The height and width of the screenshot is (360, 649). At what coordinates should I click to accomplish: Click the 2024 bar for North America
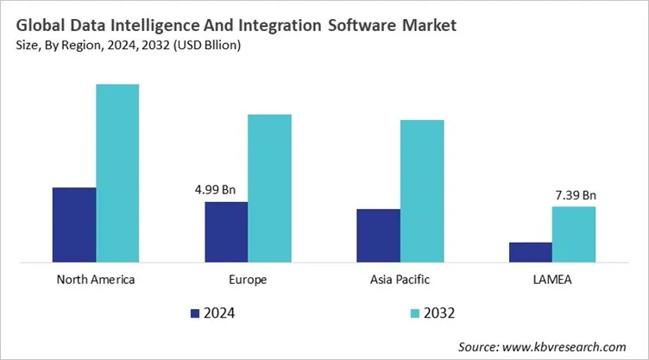74,224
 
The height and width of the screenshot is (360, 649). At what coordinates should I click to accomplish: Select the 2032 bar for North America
117,173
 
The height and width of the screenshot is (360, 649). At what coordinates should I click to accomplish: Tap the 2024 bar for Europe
226,231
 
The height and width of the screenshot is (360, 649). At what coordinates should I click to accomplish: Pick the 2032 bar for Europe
269,187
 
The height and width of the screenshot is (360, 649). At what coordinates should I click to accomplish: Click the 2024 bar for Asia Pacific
378,235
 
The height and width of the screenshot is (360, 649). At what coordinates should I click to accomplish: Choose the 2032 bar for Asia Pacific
421,190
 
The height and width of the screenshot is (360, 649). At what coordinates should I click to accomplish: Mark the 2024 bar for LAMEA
530,251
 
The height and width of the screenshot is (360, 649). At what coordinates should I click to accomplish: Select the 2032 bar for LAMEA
573,233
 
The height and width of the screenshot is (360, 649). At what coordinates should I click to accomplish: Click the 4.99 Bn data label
226,190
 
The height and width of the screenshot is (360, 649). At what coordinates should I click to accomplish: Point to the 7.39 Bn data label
575,195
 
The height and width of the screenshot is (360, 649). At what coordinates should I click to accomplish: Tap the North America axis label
96,280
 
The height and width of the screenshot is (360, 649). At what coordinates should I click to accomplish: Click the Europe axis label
248,280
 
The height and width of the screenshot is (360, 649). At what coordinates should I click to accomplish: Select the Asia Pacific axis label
400,280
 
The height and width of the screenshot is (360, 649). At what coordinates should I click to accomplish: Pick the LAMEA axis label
551,280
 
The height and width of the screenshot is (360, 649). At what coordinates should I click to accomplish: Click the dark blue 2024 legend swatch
195,313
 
